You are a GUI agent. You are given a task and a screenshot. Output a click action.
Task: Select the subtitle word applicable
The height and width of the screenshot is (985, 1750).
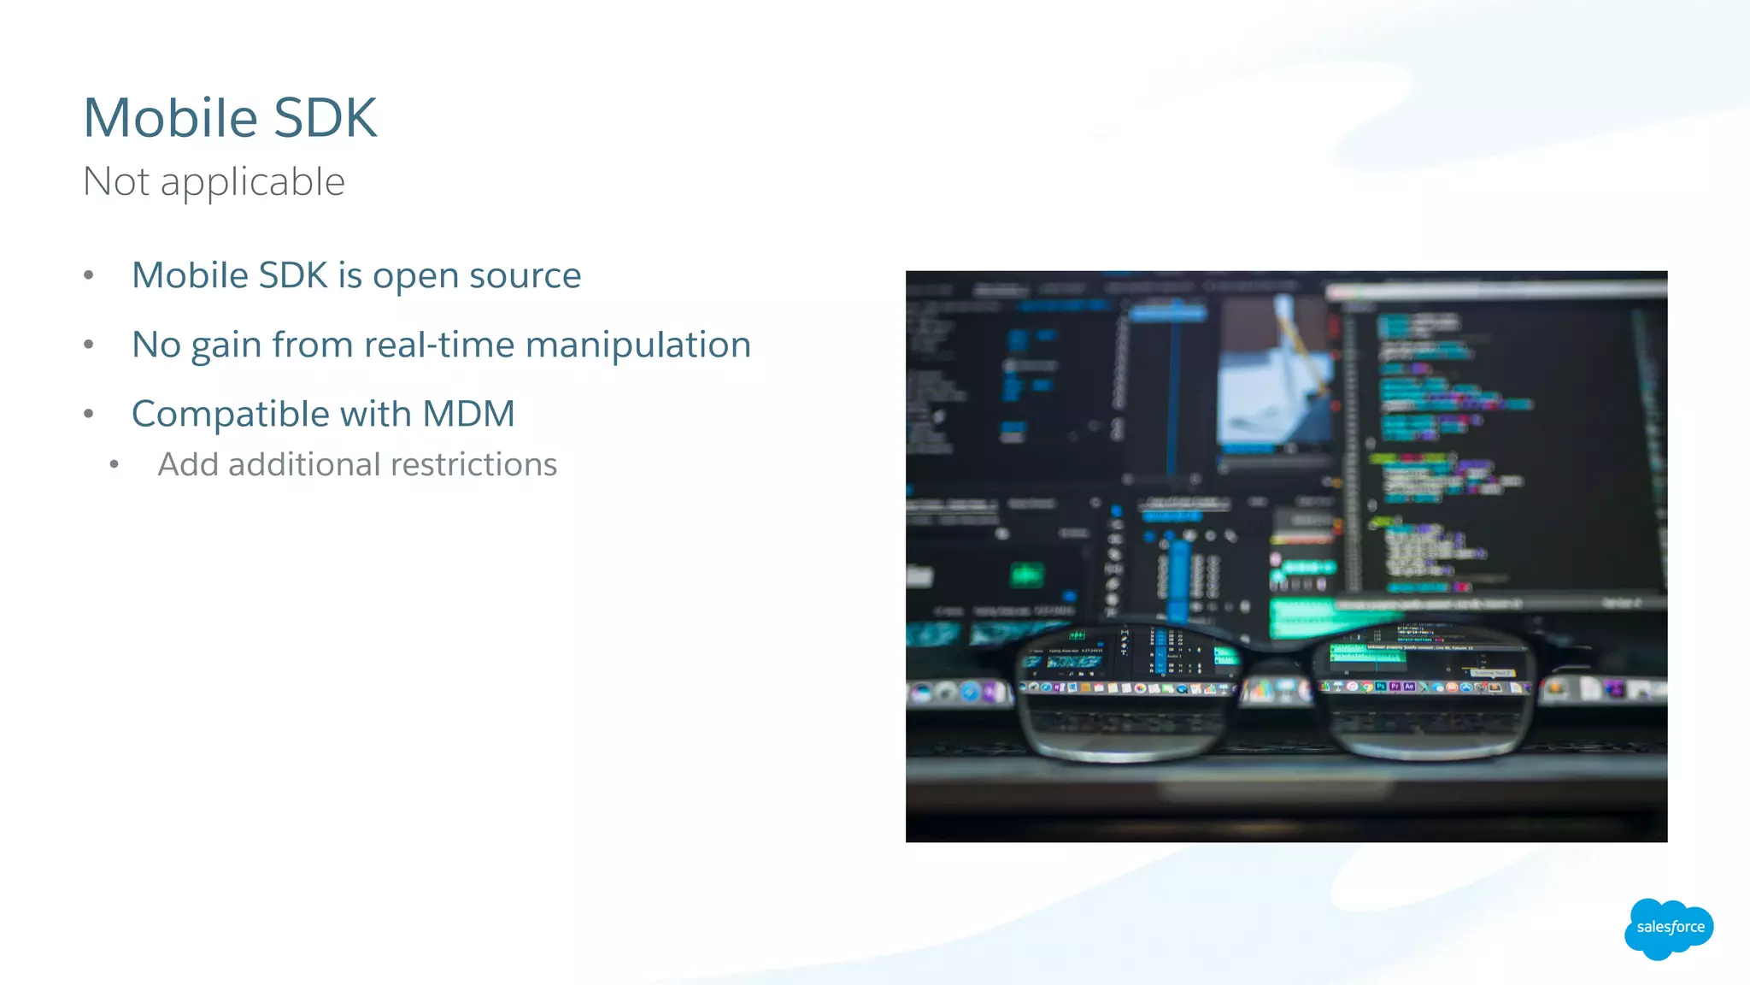(x=253, y=182)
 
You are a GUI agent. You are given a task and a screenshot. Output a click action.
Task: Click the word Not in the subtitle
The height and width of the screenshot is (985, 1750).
(x=116, y=182)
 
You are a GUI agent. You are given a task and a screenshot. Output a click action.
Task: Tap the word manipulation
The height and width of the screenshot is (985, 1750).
(x=638, y=345)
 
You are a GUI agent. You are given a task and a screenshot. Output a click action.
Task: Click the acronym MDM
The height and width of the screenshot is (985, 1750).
(x=469, y=414)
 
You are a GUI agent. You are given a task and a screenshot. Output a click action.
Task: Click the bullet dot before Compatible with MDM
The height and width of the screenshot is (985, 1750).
(x=89, y=414)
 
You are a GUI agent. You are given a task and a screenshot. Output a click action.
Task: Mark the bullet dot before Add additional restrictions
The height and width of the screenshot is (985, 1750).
(x=115, y=464)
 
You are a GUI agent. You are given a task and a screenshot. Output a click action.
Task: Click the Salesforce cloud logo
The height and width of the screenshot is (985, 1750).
(x=1669, y=928)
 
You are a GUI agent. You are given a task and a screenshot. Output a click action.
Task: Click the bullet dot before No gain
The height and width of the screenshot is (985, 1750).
(x=89, y=345)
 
